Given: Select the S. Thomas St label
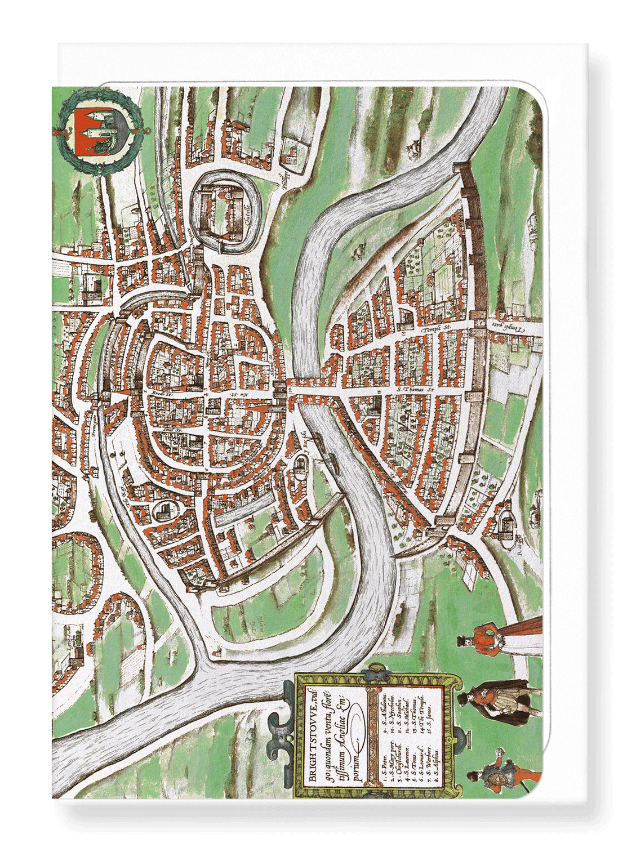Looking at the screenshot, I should [417, 389].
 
